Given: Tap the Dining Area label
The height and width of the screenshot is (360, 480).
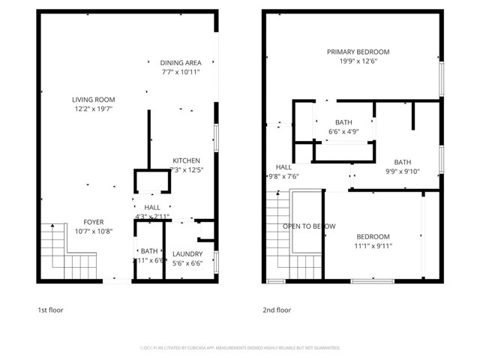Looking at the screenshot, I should pos(180,63).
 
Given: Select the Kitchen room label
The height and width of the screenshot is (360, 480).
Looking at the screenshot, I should pos(186,160).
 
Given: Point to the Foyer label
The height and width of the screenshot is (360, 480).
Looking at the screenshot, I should pos(94,221).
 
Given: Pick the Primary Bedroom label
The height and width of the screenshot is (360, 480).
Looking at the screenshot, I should pos(358,52).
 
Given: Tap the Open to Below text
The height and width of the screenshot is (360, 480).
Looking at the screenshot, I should pos(308,226).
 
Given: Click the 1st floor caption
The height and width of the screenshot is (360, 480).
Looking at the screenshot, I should pos(51,310).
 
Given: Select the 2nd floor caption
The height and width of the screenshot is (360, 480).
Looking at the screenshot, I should pos(277,310).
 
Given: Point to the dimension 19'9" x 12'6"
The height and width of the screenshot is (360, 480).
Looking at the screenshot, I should pos(358,61).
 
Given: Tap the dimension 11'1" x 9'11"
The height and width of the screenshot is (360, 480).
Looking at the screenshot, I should pos(373,245).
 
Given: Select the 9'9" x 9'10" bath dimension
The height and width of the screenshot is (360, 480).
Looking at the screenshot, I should pos(403,171).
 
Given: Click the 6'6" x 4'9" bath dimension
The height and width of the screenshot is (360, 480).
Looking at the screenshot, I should pos(343,132).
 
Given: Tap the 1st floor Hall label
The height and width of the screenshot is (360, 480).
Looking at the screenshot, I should pos(152,208).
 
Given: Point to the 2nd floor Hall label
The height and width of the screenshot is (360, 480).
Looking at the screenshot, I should pos(283,167).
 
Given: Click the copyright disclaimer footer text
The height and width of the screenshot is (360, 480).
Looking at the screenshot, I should pos(240,348).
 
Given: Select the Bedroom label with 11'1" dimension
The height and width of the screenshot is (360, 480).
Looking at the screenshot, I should pos(373,235).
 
